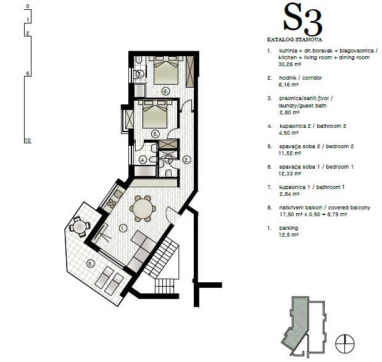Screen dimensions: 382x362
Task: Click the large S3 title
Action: tap(303, 20)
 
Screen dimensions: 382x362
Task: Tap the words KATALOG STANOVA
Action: tap(294, 40)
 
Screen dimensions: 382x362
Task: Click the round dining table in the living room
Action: tap(143, 209)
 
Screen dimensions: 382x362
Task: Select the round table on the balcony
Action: tap(80, 227)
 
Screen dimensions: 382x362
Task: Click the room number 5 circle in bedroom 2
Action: tap(155, 134)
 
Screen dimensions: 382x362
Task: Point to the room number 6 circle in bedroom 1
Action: tap(165, 91)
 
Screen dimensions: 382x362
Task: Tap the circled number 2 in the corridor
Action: tap(187, 160)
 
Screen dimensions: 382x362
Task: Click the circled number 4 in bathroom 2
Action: tap(143, 160)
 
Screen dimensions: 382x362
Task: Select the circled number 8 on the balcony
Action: tap(90, 263)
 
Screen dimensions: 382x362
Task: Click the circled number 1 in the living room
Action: tap(123, 229)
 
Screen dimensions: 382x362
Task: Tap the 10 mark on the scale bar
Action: tap(28, 140)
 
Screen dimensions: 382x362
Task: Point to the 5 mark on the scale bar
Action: tap(28, 74)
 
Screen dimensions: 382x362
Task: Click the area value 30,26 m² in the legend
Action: tap(289, 64)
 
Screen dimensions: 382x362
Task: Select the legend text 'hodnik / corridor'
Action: tap(301, 78)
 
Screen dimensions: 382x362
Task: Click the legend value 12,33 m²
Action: tap(289, 174)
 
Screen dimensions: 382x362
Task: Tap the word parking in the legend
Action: tap(288, 228)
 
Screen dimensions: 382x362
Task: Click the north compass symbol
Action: tap(345, 343)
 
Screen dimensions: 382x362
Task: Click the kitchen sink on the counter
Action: tap(118, 194)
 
